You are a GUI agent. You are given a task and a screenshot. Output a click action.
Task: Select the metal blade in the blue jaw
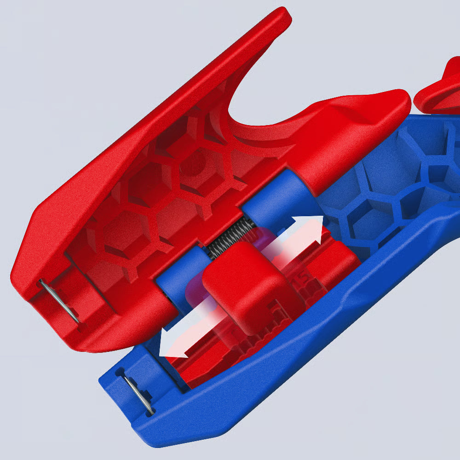tap(138, 393)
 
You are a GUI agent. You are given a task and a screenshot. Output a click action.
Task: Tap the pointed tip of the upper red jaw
tap(283, 14)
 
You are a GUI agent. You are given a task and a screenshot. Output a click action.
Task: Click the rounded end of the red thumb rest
tap(396, 103)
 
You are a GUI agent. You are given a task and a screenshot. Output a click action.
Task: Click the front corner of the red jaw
tap(21, 281)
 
